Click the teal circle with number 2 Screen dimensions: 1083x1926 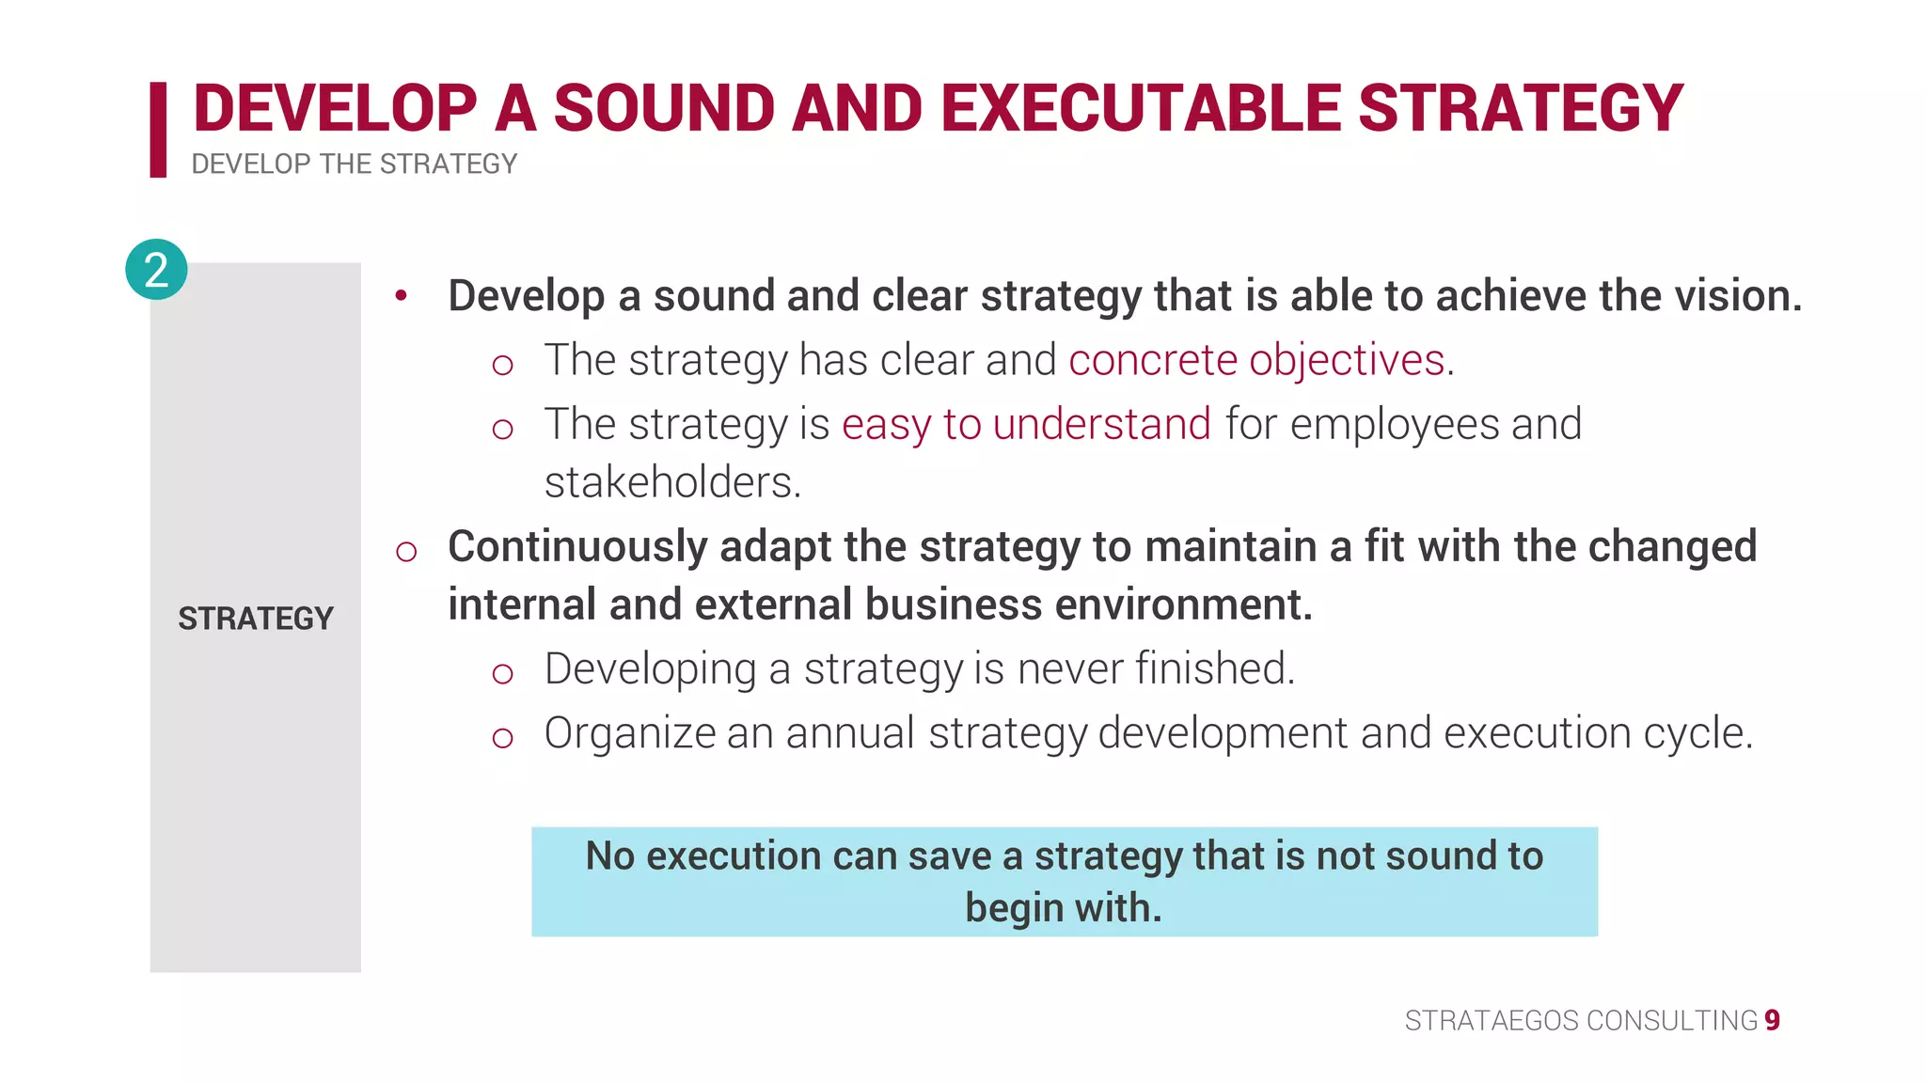[x=156, y=270]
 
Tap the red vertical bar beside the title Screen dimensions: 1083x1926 [x=158, y=130]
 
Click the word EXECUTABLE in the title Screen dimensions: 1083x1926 [x=1142, y=108]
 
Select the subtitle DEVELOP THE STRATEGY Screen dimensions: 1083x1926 [x=354, y=165]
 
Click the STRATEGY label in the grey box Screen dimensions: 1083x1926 [x=256, y=619]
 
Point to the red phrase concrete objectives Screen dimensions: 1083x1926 [x=1256, y=360]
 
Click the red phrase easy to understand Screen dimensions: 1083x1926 [x=1026, y=424]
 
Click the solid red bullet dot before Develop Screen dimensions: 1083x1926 [x=402, y=296]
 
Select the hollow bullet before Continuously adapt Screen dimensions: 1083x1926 [x=406, y=552]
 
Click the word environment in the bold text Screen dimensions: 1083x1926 [x=1182, y=604]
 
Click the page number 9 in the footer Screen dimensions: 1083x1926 [x=1772, y=1020]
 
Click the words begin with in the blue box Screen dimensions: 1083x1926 [x=1063, y=908]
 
